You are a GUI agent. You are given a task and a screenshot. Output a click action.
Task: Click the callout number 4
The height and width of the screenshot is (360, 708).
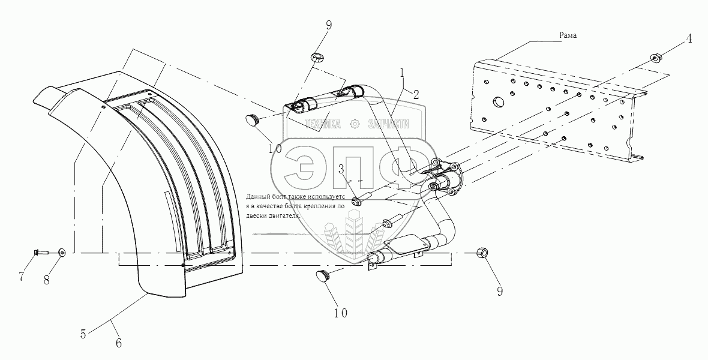689,39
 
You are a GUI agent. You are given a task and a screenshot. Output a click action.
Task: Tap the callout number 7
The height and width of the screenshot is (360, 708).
22,277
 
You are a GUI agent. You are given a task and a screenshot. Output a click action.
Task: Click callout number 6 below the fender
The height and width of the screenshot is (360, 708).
118,343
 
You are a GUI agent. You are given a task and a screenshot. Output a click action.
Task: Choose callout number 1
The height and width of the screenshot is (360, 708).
403,72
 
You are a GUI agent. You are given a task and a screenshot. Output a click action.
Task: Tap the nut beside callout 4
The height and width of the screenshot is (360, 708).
655,58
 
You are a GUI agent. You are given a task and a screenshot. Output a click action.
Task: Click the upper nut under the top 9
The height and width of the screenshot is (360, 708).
317,58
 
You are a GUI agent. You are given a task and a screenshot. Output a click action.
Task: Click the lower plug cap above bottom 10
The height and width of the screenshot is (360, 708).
325,277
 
